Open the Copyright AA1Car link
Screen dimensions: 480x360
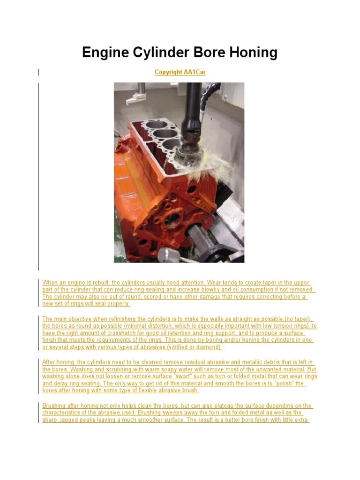(x=180, y=72)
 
